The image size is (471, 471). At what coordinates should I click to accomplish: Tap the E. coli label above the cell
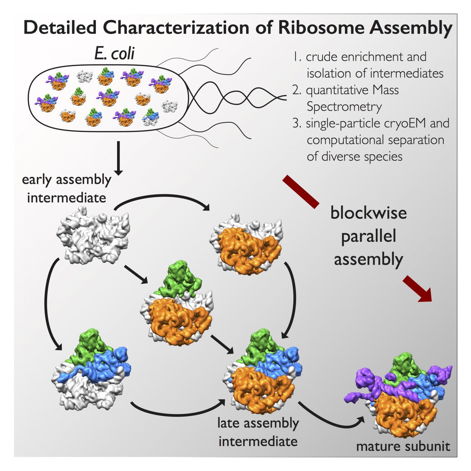point(114,53)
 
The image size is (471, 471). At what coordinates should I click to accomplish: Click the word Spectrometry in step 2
point(344,107)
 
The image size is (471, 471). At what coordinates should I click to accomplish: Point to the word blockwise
point(368,213)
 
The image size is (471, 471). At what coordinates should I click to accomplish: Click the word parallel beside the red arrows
point(368,236)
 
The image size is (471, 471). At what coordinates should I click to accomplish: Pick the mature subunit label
point(403,446)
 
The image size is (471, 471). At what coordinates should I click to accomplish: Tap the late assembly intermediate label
point(258,432)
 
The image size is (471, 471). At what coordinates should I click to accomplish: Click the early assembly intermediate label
point(66,189)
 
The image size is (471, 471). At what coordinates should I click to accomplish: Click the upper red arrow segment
point(301,192)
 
